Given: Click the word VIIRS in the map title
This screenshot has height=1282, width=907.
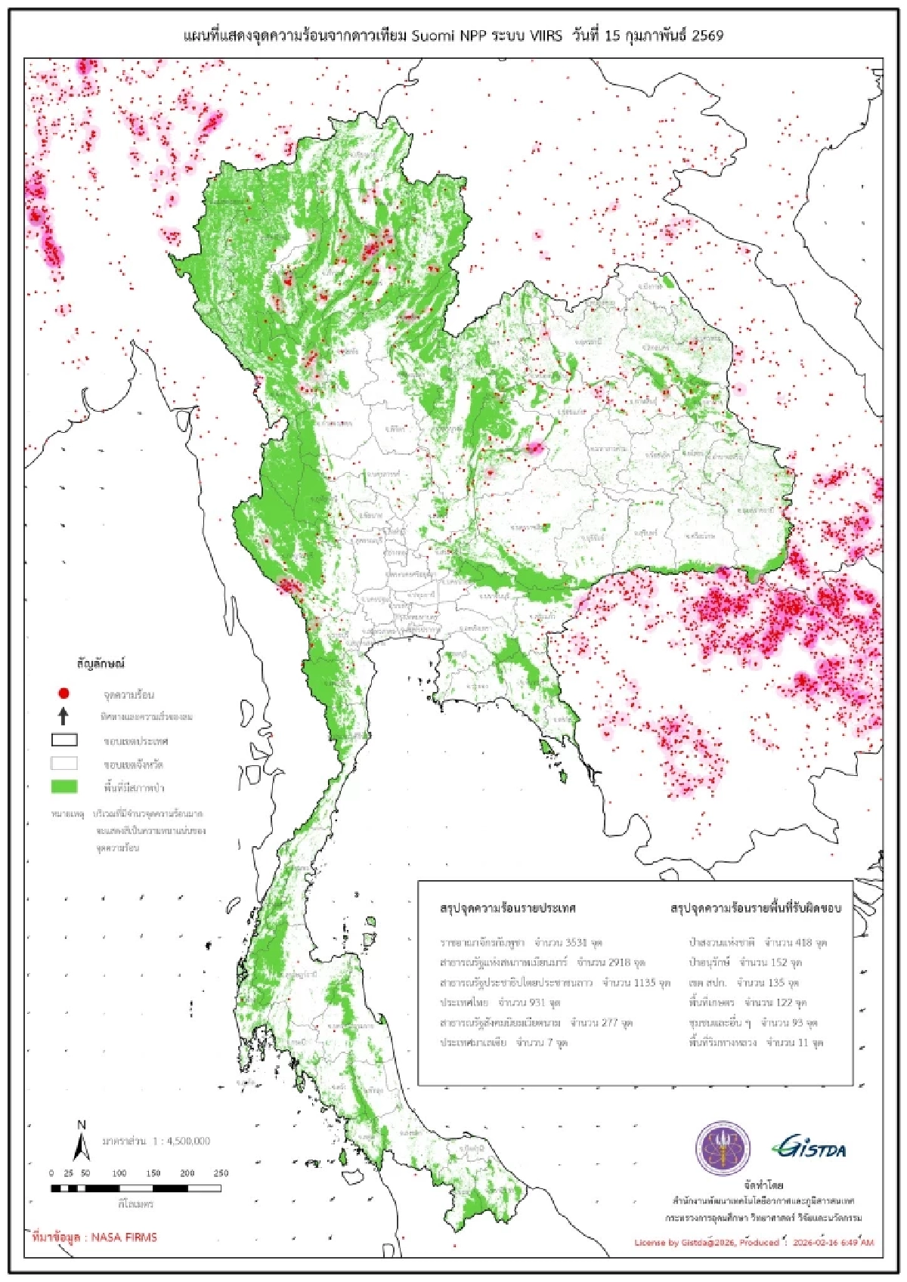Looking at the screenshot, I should pyautogui.click(x=544, y=36).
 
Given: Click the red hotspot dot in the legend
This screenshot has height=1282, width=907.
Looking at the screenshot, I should pyautogui.click(x=64, y=693).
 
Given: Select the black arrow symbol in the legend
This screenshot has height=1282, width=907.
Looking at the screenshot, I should pyautogui.click(x=64, y=715).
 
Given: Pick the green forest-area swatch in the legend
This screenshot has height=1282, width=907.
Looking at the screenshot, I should pyautogui.click(x=64, y=786).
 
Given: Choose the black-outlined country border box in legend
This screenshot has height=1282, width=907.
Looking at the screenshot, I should pyautogui.click(x=64, y=740).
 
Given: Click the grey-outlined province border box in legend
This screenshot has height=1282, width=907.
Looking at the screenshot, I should pyautogui.click(x=64, y=763).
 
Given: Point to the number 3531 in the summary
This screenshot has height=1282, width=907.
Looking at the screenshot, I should pyautogui.click(x=577, y=943).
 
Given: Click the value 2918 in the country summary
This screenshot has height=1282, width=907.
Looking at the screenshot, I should pyautogui.click(x=619, y=962).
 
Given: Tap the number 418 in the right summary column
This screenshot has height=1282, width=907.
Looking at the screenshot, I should pyautogui.click(x=803, y=943).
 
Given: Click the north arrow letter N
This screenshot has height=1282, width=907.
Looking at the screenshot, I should pyautogui.click(x=82, y=1126).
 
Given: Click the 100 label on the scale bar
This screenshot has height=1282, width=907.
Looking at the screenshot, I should pyautogui.click(x=119, y=1173).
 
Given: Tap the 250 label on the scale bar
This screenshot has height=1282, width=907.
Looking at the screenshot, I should pyautogui.click(x=221, y=1173).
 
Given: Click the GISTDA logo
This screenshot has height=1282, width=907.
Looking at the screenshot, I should pyautogui.click(x=809, y=1149).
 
